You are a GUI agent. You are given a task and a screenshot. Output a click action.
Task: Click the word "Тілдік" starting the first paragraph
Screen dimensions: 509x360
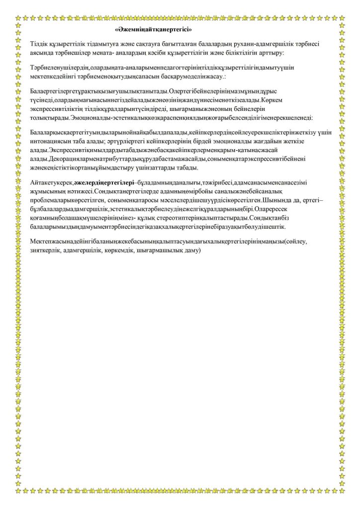pyautogui.click(x=40, y=44)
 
